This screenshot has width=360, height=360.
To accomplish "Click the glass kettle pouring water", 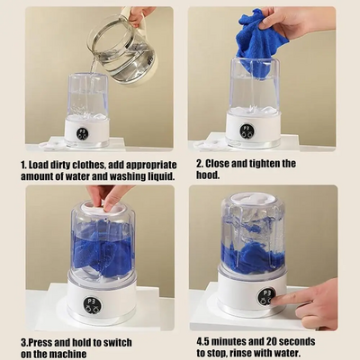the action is point(123,48).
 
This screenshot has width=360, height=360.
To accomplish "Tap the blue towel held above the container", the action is point(260,42).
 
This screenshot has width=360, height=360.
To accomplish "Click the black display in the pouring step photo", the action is point(82,134).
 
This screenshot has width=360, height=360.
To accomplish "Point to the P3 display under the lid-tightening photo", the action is point(92,305).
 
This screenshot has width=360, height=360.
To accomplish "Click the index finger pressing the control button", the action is point(288,299).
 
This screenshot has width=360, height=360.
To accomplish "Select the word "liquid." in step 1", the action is point(161,176).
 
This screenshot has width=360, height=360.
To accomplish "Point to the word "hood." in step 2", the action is point(208,175).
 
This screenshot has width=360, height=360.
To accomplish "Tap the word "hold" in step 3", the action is point(91,342).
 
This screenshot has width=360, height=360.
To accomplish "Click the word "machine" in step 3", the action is point(67,354).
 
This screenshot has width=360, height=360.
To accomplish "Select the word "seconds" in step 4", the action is point(296,341).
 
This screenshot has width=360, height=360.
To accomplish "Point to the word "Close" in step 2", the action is point(217,164).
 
